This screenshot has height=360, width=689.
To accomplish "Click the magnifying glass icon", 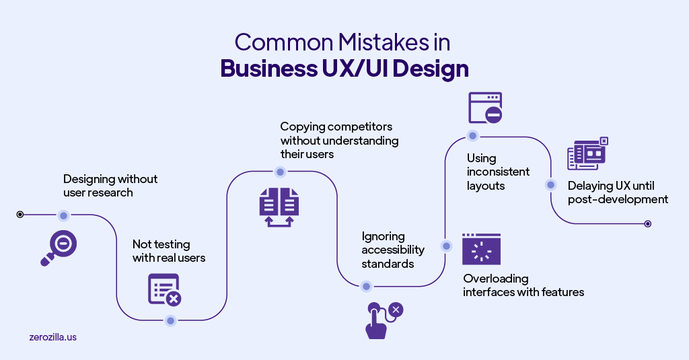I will pos(59,247).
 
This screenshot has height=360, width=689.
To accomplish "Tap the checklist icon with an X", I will pos(164,289).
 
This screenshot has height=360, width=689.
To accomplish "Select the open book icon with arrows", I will pos(279,206).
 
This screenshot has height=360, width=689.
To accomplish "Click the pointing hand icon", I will pos(383,319).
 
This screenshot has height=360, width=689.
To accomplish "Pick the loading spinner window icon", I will pos(481,249).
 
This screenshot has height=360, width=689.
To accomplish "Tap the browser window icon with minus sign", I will pos(486,108).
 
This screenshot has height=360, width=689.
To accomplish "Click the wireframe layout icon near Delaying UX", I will pos(587,154).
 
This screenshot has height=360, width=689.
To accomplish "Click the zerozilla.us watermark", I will pos(53,336).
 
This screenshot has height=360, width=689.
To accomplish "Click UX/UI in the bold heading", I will pos(384,69).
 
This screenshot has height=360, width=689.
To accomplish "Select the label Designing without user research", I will pos(110,186).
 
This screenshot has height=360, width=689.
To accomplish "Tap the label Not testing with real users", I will pos(169,251).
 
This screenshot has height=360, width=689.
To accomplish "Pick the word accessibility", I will pos(393,250).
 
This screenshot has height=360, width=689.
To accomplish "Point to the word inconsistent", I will pos(499,172).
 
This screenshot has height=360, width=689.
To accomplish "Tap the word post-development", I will pos(618,199).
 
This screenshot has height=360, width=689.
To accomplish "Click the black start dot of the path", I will pos(20,215).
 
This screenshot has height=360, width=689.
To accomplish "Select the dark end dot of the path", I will pos(647,223).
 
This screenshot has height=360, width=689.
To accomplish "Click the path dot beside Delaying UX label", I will pos(550,184).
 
